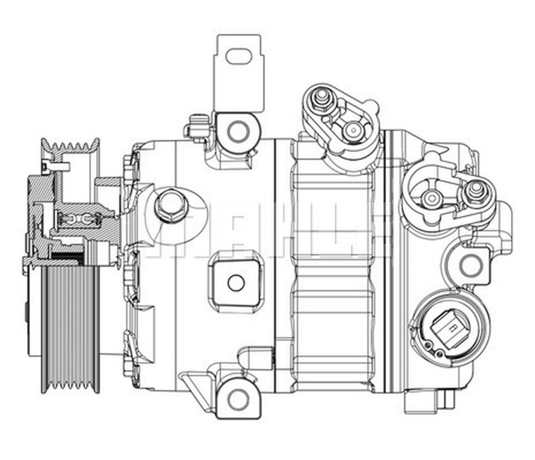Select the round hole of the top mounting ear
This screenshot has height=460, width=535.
click(237, 131)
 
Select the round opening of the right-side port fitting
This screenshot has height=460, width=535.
click(432, 198)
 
